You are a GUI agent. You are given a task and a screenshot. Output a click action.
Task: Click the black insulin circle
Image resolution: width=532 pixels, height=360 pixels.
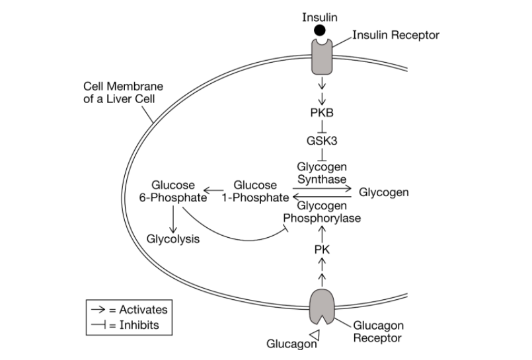(320, 30)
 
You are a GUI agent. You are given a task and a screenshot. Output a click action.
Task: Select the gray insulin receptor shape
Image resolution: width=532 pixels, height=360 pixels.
(322, 57)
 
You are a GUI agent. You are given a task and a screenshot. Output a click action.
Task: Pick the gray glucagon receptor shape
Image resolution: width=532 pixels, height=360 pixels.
(322, 306)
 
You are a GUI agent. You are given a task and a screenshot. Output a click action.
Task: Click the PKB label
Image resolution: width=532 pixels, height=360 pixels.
(322, 112)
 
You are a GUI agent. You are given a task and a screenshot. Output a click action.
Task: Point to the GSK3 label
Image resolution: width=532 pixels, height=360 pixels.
(322, 140)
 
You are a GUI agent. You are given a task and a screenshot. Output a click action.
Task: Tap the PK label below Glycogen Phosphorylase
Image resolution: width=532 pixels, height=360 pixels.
(322, 250)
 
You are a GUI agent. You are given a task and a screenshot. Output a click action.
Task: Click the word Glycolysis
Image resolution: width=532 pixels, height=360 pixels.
(173, 239)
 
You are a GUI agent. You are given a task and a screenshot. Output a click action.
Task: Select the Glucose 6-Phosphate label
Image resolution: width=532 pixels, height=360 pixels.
(173, 191)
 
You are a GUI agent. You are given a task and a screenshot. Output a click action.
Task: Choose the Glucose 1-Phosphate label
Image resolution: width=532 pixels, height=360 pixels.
(256, 191)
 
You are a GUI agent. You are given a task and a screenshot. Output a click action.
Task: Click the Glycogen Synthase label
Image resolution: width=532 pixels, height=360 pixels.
(322, 173)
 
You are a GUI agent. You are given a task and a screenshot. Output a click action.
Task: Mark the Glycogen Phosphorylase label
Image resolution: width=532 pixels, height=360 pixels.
(322, 212)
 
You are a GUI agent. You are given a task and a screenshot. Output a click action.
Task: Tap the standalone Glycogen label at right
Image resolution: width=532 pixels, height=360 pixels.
(384, 192)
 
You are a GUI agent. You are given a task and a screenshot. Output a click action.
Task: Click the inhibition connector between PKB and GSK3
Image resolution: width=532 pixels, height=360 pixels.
(322, 126)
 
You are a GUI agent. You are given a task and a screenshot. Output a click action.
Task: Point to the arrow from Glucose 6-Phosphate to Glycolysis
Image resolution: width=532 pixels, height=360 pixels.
(173, 219)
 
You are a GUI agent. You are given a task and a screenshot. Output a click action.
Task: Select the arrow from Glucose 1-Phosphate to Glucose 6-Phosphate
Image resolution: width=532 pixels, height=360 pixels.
(213, 191)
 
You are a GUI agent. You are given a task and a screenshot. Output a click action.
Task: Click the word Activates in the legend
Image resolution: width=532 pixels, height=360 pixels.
(143, 310)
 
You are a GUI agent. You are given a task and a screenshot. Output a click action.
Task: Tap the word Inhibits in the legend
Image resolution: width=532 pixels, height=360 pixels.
(139, 325)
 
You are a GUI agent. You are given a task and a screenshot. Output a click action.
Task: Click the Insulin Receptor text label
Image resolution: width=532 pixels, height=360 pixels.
(396, 35)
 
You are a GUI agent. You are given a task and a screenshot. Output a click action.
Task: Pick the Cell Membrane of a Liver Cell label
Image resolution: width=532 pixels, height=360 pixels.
(123, 92)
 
